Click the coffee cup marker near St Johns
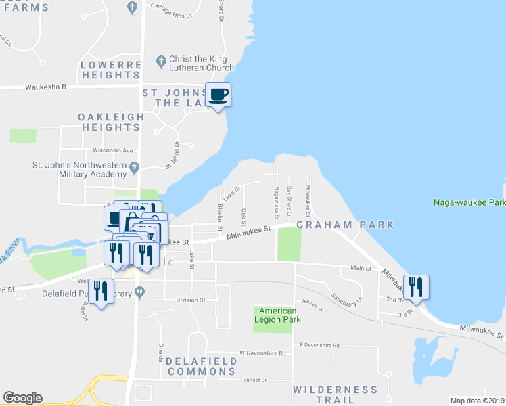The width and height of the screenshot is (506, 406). tap(218, 95)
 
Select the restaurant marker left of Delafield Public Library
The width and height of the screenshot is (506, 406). tap(101, 292)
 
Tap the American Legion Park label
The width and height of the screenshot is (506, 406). tap(275, 315)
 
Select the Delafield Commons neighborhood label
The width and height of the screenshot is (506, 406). tap(202, 366)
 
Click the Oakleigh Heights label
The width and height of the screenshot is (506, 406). tap(111, 122)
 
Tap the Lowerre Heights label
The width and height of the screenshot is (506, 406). tap(111, 70)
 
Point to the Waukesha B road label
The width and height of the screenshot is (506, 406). tap(46, 87)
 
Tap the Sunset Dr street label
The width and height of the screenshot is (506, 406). tap(255, 380)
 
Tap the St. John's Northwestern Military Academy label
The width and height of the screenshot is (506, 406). tap(80, 170)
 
